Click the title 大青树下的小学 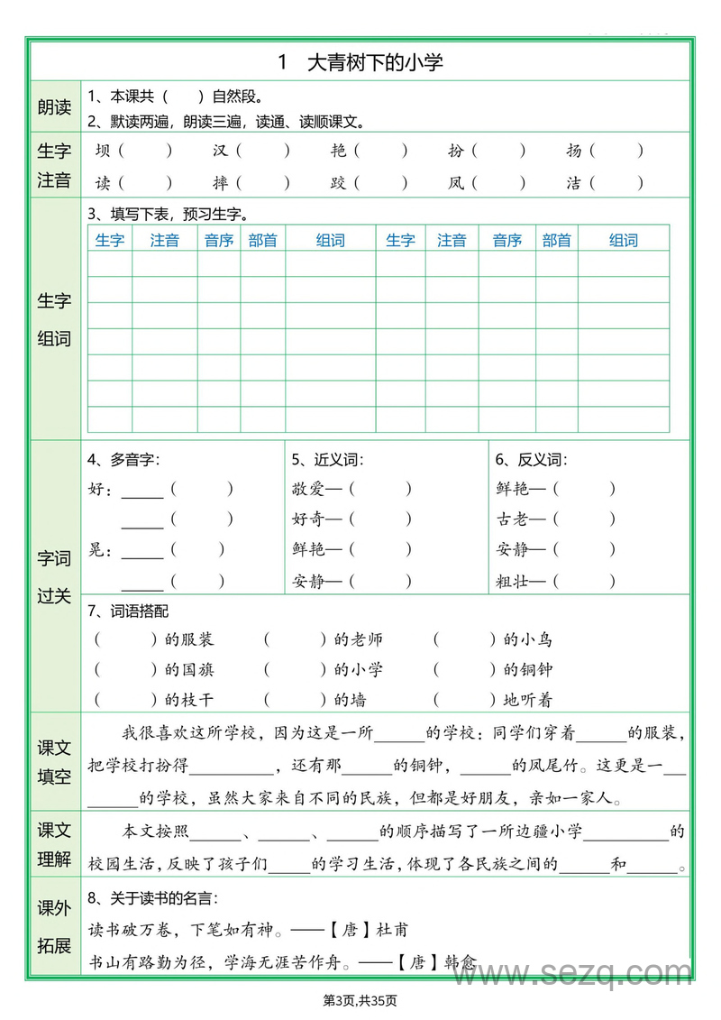click(375, 62)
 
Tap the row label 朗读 click(54, 108)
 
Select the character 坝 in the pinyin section click(103, 152)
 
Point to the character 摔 click(220, 183)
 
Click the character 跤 click(338, 183)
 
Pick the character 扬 click(574, 152)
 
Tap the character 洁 click(574, 183)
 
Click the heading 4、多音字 click(123, 460)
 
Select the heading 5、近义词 click(327, 460)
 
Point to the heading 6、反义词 click(531, 460)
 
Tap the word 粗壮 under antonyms click(511, 581)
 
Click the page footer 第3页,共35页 click(360, 999)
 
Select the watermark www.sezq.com click(587, 973)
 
